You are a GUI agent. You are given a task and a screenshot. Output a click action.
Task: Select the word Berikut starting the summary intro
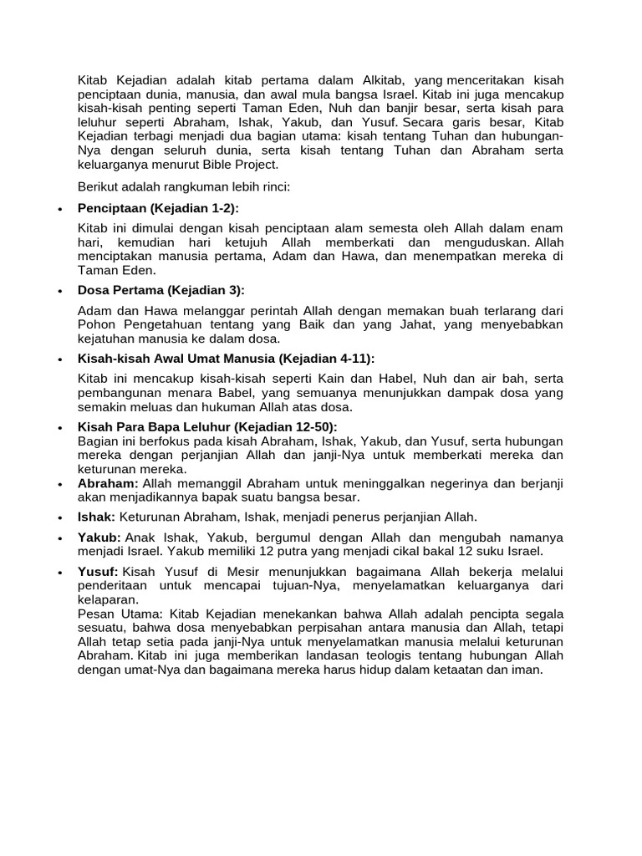click(x=99, y=186)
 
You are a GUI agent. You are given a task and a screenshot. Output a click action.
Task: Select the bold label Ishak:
click(x=96, y=517)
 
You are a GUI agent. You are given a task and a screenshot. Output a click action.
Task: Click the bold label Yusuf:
click(x=99, y=572)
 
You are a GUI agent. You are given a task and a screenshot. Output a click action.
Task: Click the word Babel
click(x=236, y=393)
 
